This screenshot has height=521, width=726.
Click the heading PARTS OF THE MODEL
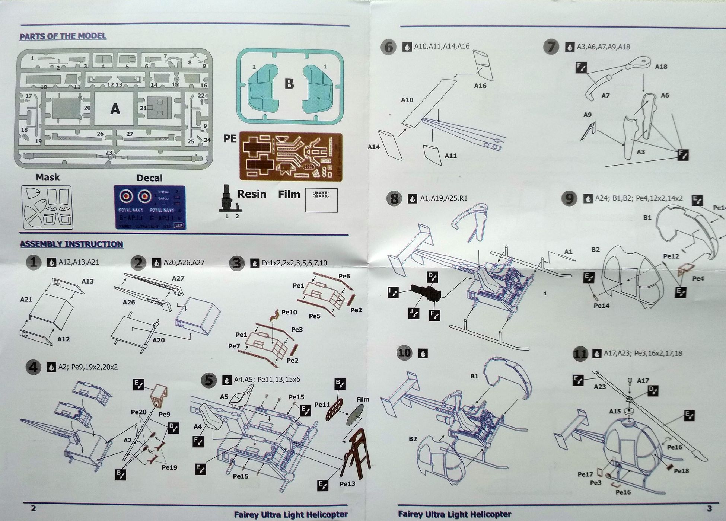(63, 36)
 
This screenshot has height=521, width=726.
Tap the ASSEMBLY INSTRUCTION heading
(71, 244)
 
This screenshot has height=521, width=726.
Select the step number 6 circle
(388, 47)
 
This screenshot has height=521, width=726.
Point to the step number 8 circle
(394, 198)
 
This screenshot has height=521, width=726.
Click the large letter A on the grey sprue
(115, 109)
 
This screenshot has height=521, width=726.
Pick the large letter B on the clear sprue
(289, 84)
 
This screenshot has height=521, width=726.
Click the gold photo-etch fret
(290, 156)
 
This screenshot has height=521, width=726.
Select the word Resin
(252, 194)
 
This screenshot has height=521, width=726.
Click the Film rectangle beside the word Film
(321, 200)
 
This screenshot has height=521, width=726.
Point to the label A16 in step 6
(480, 86)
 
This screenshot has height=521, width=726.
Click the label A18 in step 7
(661, 67)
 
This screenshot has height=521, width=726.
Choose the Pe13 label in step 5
(347, 484)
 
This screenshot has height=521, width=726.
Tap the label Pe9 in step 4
(164, 414)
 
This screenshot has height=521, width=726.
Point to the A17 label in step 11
(643, 381)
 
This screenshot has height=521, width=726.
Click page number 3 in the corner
(709, 509)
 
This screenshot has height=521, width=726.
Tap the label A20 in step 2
(159, 340)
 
